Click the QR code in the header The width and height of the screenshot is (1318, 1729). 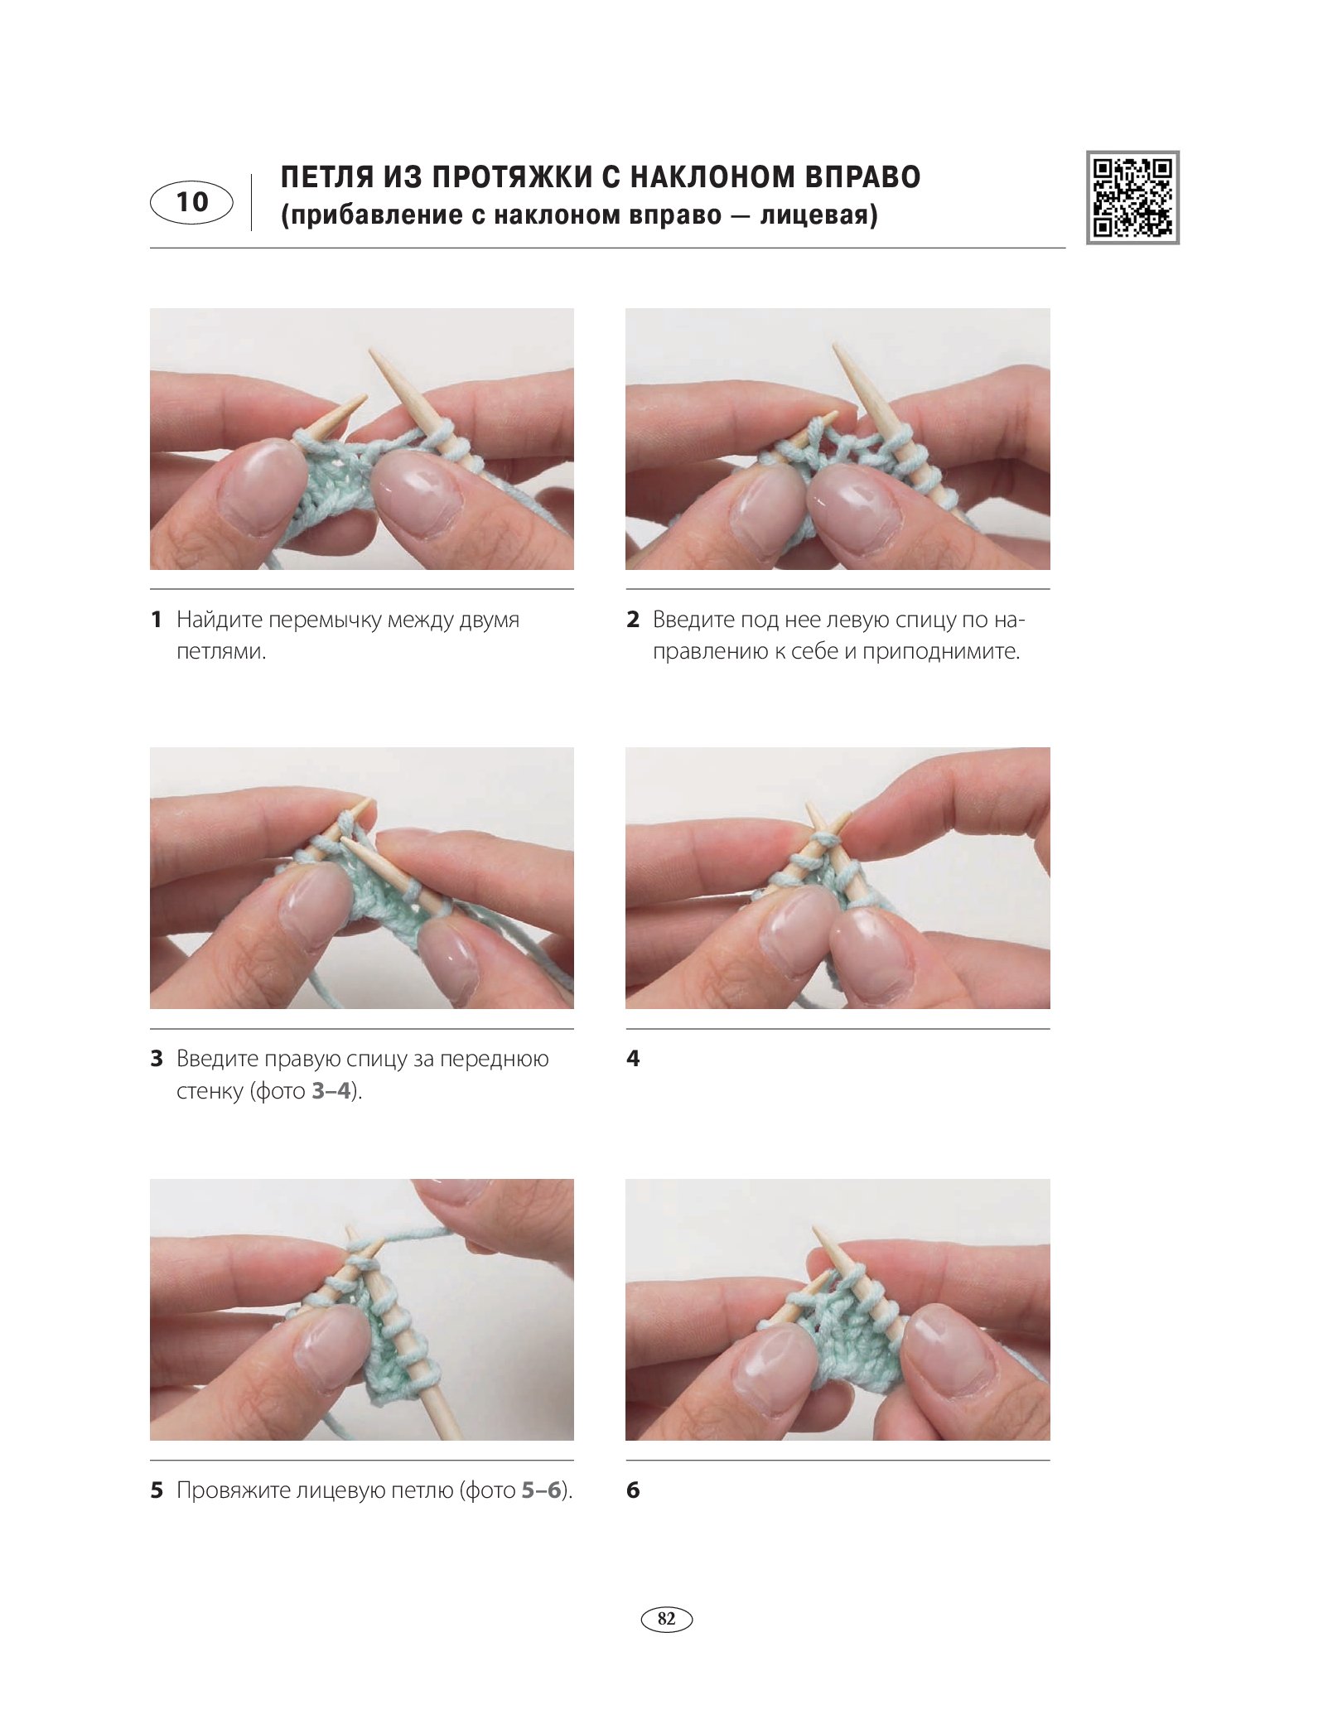[x=1132, y=197]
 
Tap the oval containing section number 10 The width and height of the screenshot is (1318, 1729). [x=191, y=202]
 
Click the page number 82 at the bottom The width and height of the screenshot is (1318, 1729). [x=666, y=1618]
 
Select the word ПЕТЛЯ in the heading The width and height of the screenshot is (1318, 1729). [x=326, y=177]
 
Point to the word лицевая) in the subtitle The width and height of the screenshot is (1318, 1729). [x=818, y=215]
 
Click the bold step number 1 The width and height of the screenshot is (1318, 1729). [x=156, y=619]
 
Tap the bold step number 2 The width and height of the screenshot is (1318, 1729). [x=633, y=619]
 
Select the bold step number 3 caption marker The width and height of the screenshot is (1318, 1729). [x=157, y=1058]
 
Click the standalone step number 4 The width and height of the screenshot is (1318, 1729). [x=633, y=1058]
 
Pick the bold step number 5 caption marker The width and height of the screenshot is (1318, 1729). [x=157, y=1490]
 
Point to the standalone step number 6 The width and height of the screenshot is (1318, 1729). [x=633, y=1490]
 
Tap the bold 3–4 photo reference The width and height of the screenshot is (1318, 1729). [x=331, y=1090]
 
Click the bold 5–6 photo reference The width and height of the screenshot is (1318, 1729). [x=542, y=1490]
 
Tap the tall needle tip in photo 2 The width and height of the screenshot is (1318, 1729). [x=835, y=345]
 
